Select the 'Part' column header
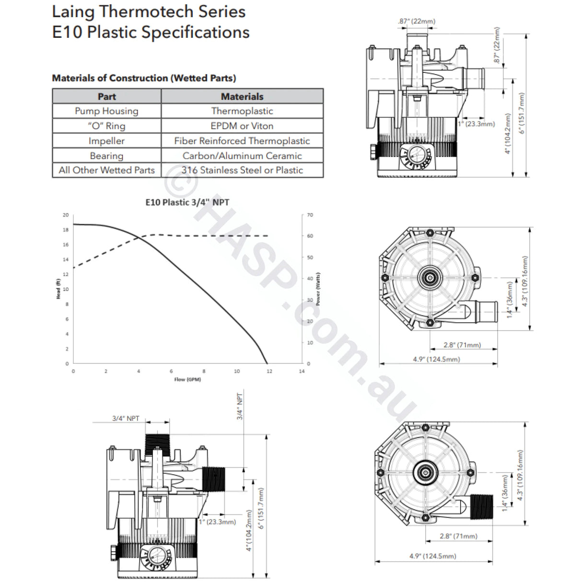[106, 96]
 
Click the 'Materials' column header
[242, 96]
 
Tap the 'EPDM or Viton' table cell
[242, 126]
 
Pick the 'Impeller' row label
[106, 141]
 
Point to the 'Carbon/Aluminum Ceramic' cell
[242, 156]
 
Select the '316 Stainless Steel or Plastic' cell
[242, 170]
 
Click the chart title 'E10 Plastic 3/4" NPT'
[187, 202]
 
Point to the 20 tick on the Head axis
[66, 215]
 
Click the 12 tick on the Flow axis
[269, 371]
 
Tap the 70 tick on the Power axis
[310, 215]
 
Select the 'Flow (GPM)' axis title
[187, 380]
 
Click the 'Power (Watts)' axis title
[318, 289]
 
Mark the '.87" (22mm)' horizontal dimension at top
[417, 21]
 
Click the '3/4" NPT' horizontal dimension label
[126, 418]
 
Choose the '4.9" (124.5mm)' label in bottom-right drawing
[432, 556]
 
